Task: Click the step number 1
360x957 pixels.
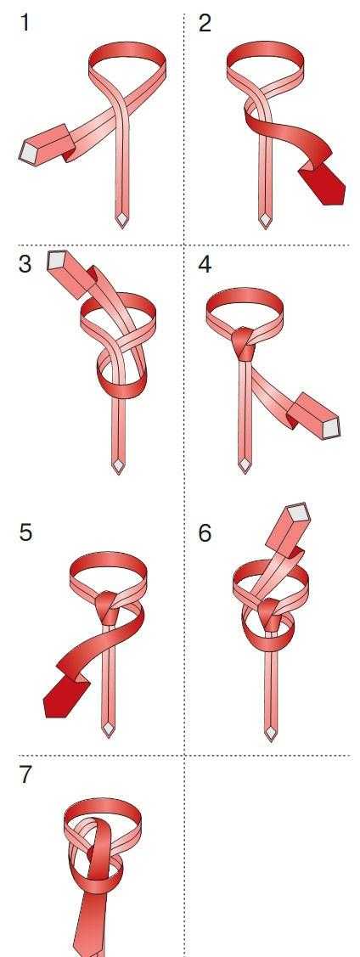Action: pos(25,23)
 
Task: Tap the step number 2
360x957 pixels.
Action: pos(205,23)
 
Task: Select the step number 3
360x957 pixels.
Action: pos(25,265)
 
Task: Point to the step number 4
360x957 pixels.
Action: pos(205,265)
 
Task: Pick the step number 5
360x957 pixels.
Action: pos(25,532)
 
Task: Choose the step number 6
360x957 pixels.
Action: pos(205,532)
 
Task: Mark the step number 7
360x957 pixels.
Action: pos(25,774)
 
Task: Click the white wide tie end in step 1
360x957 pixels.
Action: pos(28,151)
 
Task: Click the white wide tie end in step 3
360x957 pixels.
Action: pos(57,261)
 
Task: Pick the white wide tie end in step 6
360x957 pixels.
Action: pos(298,512)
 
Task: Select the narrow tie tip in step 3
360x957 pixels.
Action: pos(118,466)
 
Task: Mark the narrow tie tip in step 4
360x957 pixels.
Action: pos(244,464)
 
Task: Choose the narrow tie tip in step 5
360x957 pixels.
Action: pos(108,729)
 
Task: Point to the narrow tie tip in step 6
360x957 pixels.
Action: pos(271,732)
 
